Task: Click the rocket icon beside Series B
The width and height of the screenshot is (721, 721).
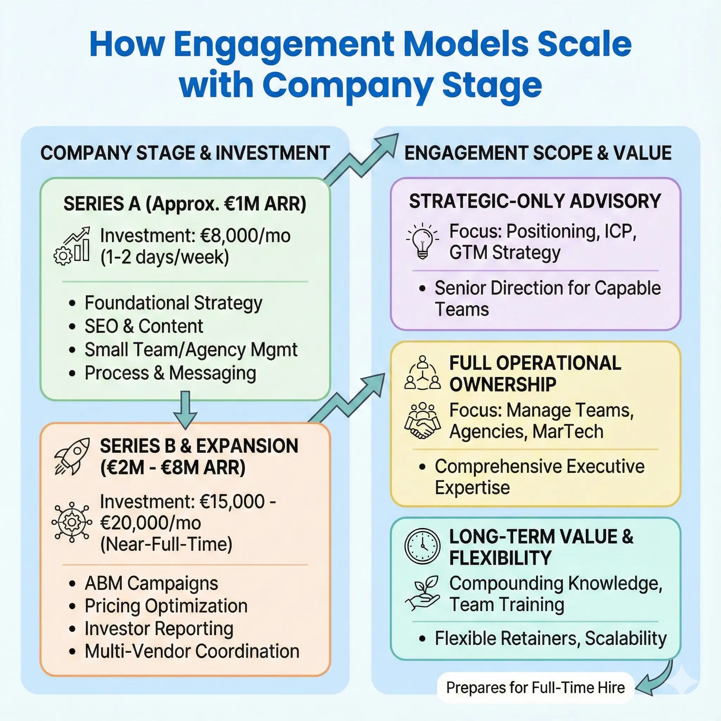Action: point(73,456)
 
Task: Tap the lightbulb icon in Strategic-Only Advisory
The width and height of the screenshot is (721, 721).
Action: point(422,241)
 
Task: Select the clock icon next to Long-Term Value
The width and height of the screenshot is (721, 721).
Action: point(422,546)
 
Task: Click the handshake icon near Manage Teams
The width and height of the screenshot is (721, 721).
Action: point(422,421)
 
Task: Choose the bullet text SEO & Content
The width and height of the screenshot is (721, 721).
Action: point(144,326)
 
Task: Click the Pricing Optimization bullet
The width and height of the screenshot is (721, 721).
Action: point(166,606)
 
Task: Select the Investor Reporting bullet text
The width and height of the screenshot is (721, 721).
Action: point(159,628)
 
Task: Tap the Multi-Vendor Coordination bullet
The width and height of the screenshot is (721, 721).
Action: point(192,651)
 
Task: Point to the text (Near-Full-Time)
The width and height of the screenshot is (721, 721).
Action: point(166,544)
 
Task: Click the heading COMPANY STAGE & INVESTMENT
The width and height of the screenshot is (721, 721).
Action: point(185,153)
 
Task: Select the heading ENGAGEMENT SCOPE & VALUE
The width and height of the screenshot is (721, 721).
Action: point(538,153)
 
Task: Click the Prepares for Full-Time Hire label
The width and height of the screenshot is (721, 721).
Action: point(535,688)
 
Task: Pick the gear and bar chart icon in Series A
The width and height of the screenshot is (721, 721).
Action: point(73,246)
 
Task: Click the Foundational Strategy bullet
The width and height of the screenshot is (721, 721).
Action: point(174,303)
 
